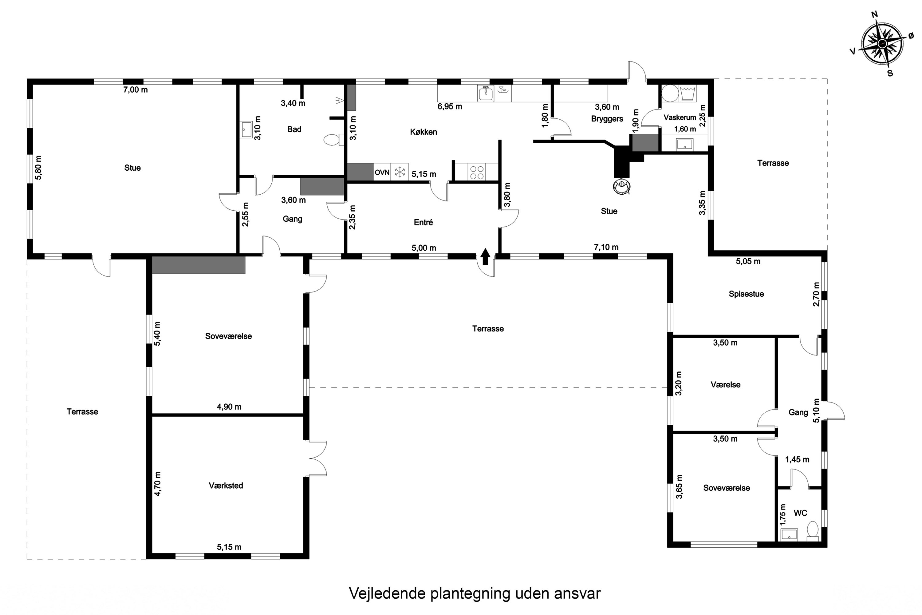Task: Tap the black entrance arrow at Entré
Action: (x=485, y=256)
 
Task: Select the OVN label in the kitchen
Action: (x=382, y=173)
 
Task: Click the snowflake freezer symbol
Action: (x=400, y=172)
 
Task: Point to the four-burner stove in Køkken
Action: (x=477, y=173)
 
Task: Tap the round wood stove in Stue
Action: (x=622, y=186)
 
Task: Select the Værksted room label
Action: (x=226, y=486)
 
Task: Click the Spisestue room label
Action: (x=746, y=294)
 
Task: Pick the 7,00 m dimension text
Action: (x=136, y=90)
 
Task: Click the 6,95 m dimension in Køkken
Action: (x=450, y=107)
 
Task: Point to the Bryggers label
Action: (x=607, y=119)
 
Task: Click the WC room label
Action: (x=800, y=513)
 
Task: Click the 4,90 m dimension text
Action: (x=229, y=407)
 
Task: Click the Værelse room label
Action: (x=725, y=385)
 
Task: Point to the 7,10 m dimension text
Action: (x=606, y=247)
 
